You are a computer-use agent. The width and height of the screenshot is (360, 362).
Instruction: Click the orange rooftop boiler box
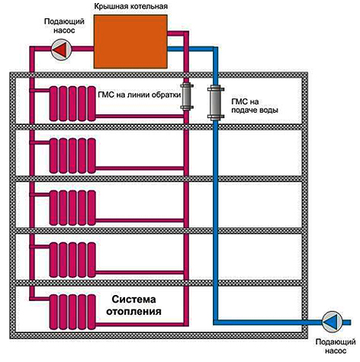pyautogui.click(x=130, y=41)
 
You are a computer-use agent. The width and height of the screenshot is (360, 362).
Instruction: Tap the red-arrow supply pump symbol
pyautogui.click(x=61, y=50)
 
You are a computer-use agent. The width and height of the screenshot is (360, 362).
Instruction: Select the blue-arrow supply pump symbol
pyautogui.click(x=332, y=322)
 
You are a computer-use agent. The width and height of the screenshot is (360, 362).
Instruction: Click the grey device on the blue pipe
pyautogui.click(x=216, y=103)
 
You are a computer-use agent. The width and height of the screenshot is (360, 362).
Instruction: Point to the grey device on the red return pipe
pyautogui.click(x=187, y=97)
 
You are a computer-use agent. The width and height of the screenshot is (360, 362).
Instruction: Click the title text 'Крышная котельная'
pyautogui.click(x=131, y=6)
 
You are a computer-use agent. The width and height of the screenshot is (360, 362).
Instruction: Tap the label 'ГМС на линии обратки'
pyautogui.click(x=139, y=95)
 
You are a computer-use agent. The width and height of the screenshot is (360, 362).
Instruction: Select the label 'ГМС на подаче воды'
pyautogui.click(x=255, y=106)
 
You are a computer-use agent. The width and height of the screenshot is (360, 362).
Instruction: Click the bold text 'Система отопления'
pyautogui.click(x=133, y=305)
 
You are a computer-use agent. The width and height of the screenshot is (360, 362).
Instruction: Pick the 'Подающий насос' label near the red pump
pyautogui.click(x=64, y=26)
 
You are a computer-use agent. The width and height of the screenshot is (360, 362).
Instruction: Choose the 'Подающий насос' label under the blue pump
pyautogui.click(x=336, y=346)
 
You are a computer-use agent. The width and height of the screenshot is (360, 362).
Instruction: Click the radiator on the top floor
pyautogui.click(x=72, y=104)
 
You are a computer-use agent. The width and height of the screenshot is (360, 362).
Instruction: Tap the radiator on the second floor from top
pyautogui.click(x=72, y=155)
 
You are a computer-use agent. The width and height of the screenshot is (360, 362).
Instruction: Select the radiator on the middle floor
pyautogui.click(x=72, y=208)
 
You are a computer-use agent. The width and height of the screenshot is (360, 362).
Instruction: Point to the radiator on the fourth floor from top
pyautogui.click(x=72, y=260)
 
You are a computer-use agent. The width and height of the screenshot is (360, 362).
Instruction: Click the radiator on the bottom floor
pyautogui.click(x=72, y=312)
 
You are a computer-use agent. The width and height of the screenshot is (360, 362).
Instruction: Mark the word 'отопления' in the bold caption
pyautogui.click(x=133, y=312)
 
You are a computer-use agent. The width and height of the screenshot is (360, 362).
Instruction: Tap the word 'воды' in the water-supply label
pyautogui.click(x=269, y=111)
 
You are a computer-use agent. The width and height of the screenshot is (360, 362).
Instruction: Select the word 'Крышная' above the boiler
pyautogui.click(x=111, y=6)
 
